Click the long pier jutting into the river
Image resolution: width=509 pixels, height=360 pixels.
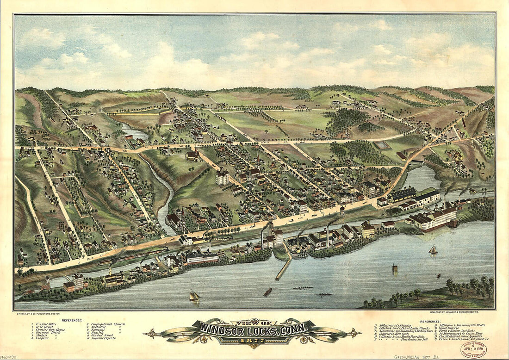click(x=283, y=269)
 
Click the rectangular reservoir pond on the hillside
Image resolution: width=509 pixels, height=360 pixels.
click(x=382, y=145)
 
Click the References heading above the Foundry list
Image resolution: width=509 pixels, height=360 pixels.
click(x=431, y=321)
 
